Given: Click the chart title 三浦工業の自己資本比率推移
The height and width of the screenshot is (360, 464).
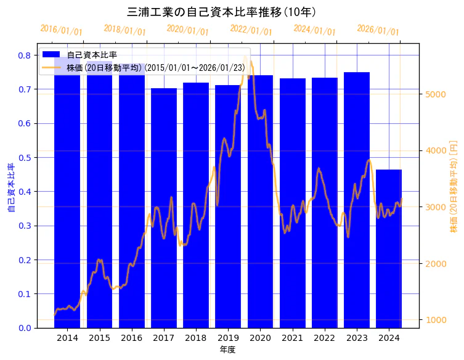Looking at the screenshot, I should coord(221,12).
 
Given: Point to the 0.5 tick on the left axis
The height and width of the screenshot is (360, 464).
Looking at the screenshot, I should coord(24,158).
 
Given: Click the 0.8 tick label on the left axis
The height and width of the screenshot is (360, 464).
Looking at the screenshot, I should coord(24,55).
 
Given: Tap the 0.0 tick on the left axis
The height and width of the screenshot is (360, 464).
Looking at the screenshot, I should coord(24,328).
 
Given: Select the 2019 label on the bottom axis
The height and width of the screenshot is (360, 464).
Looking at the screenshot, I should coord(228,338).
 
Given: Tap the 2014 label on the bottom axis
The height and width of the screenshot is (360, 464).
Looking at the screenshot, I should coord(67,338).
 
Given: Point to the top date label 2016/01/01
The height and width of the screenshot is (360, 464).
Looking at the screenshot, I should coord(61,30).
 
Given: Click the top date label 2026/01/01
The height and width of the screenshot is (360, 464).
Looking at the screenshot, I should coord(378,30).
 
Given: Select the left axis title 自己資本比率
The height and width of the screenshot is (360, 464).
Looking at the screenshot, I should coord(10,187).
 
